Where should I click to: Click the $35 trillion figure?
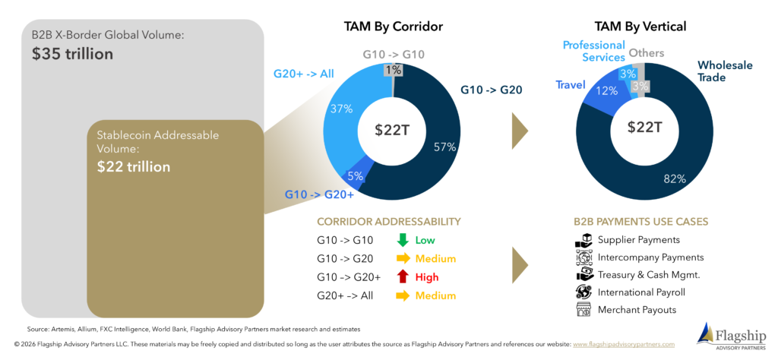point(72,54)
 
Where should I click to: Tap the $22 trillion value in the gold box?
point(134,166)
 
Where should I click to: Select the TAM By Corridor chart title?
point(394,27)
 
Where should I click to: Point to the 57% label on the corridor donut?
point(444,147)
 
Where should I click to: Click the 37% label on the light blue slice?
point(342,109)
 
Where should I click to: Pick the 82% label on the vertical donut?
point(675,179)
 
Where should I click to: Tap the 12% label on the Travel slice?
point(607,90)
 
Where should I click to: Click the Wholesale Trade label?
point(725,71)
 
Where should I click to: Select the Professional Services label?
point(594,51)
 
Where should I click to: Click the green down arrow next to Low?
point(402,240)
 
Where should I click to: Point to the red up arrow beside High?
point(402,276)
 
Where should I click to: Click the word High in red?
point(428,277)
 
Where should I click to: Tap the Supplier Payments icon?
point(583,240)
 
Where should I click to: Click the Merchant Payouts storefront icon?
point(583,310)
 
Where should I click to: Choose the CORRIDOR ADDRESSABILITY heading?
point(389,221)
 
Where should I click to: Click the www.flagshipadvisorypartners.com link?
point(624,343)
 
